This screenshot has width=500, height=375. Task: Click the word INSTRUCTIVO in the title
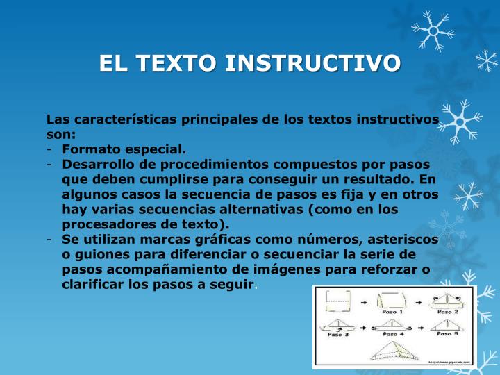tap(312, 62)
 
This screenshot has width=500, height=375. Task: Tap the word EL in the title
tap(113, 62)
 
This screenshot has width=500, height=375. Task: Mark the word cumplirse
tap(174, 180)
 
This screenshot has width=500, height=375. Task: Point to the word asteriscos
tap(403, 240)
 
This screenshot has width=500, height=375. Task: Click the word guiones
tap(102, 255)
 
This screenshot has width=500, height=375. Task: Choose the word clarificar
tap(94, 285)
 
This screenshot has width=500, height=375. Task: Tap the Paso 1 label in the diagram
tap(392, 312)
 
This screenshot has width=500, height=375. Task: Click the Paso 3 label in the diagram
tap(338, 335)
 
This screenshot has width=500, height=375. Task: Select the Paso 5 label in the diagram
tap(447, 334)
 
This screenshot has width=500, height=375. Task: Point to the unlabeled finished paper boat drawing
tap(394, 351)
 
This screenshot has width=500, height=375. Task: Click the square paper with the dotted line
tap(338, 301)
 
